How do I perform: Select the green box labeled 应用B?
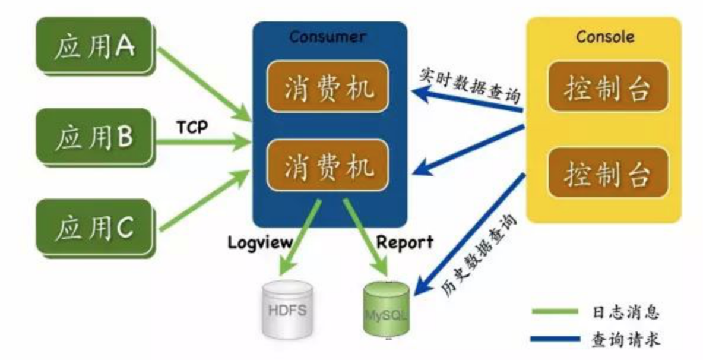point(94,138)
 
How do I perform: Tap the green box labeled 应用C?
point(94,229)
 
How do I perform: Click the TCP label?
point(192,127)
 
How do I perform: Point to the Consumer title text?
point(327,37)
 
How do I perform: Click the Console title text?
point(605,37)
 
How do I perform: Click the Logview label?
point(261,242)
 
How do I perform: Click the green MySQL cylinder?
point(387,308)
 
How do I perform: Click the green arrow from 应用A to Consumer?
point(205,83)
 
